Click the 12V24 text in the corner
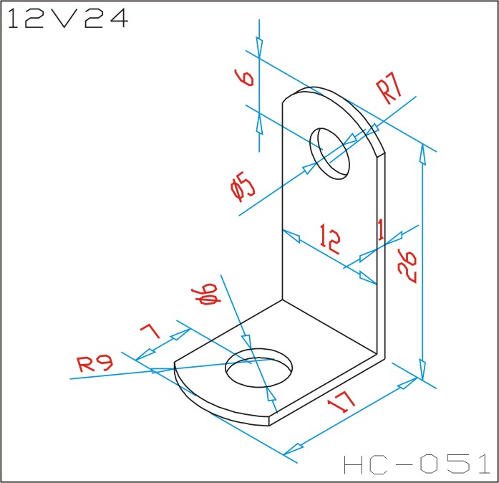pos(68,19)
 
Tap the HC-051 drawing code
pos(417,464)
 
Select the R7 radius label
pos(389,87)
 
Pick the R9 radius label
pos(95,364)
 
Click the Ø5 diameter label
pos(243,186)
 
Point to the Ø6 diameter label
pos(206,294)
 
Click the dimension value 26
pos(407,267)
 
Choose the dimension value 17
pos(341,401)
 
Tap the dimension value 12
pos(330,239)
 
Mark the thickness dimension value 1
pos(381,229)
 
